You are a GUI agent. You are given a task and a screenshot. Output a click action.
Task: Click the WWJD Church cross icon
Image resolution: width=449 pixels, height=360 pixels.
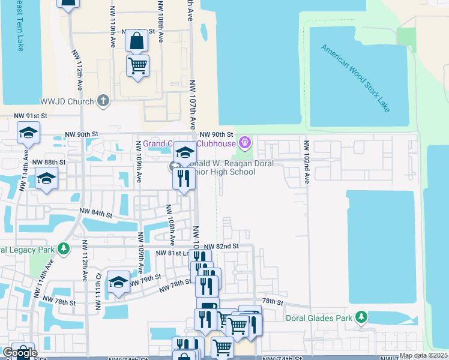(x=103, y=101)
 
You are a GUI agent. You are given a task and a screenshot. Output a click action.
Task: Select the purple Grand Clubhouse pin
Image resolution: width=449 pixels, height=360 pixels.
(x=244, y=143)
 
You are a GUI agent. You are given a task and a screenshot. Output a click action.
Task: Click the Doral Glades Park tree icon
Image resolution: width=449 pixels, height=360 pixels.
(x=361, y=317)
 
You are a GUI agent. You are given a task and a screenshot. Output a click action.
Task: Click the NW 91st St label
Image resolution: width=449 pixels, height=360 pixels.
(x=31, y=116)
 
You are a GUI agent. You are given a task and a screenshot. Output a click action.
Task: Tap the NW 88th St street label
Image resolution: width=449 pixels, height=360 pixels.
(x=49, y=163)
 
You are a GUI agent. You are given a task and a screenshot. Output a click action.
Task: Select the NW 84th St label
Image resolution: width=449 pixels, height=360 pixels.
(x=97, y=213)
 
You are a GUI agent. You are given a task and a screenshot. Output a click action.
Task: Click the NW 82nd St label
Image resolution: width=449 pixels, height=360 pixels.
(x=221, y=247)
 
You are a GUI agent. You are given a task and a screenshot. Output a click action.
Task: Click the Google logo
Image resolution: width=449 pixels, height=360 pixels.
(x=19, y=353)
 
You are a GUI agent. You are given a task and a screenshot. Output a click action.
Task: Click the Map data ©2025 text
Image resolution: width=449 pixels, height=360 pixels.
(x=423, y=355)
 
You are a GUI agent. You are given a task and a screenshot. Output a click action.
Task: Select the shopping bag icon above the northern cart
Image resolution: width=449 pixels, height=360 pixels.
(x=137, y=41)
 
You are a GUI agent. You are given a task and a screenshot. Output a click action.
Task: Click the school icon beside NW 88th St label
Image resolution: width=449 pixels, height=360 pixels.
(x=46, y=179)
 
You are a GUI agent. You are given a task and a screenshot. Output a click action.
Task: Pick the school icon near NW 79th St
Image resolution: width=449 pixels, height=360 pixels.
(x=118, y=283)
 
